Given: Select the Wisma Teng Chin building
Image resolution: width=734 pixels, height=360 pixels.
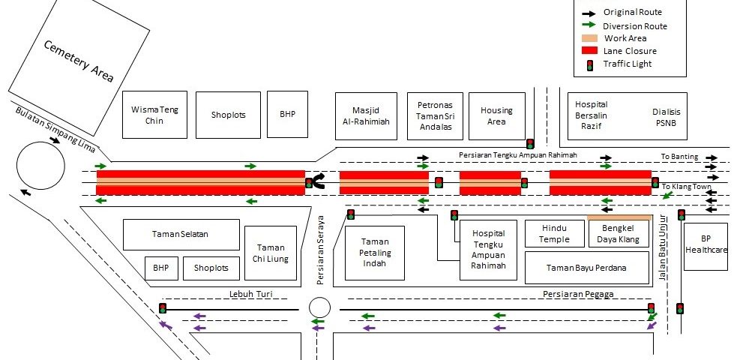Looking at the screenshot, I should coord(154,115).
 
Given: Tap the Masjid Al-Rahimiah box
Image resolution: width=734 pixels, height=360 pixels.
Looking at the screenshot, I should coord(366,115).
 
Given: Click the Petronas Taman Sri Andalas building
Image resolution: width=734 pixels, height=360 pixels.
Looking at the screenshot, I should coord(435,116).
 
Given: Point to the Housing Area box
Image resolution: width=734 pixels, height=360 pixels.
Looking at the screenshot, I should coord(497,115).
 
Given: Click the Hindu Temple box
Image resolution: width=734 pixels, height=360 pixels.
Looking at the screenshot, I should coord(554,233).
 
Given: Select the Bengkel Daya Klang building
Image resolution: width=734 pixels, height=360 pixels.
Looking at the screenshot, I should coord(618,233).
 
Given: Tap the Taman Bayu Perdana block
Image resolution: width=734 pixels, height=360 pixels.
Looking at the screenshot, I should coord(586,268).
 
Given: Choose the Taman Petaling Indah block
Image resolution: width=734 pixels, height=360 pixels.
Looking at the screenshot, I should coord(375,253).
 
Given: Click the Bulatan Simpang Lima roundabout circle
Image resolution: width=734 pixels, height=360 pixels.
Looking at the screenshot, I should coord(42,166).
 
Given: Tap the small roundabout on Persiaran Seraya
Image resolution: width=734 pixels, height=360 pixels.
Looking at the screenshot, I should coord(319,308).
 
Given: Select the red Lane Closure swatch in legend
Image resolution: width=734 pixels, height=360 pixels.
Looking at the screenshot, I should coord(590,51).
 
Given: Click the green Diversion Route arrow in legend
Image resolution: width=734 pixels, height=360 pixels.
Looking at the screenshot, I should coord(590,25).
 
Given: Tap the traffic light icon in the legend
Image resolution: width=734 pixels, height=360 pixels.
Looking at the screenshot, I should coord(590,64).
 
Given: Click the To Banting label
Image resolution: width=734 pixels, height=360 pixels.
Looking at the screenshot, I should coord(679,157).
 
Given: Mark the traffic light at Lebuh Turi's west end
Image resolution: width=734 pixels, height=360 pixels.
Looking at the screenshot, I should coord(163,308).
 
